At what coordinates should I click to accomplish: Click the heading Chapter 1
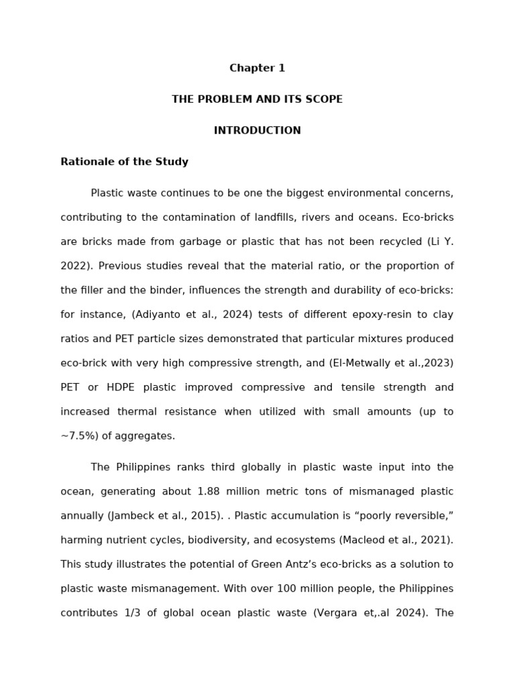click(x=257, y=68)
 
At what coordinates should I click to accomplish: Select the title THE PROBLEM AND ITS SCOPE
click(x=257, y=99)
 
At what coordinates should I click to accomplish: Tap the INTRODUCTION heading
click(x=257, y=131)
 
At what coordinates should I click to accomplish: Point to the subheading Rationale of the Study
click(x=124, y=162)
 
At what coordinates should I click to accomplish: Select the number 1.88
click(x=211, y=491)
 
